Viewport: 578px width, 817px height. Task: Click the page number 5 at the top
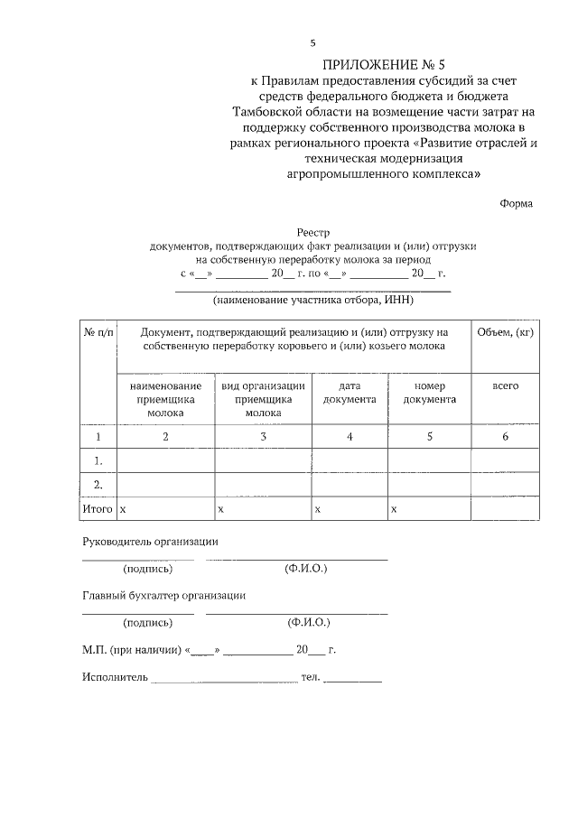click(313, 42)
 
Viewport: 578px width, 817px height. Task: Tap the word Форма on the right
click(516, 203)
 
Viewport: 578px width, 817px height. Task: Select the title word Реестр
click(312, 232)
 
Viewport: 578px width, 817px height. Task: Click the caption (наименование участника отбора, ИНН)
click(312, 300)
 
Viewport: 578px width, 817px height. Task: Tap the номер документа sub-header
click(430, 392)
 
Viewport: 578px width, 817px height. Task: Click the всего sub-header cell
click(505, 385)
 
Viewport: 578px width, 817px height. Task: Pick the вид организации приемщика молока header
click(263, 398)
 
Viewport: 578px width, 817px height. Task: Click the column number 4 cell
click(350, 437)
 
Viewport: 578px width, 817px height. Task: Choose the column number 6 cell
click(505, 437)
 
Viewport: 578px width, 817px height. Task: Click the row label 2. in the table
click(98, 485)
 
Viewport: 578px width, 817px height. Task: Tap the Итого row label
click(98, 509)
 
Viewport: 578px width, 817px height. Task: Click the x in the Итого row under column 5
click(394, 510)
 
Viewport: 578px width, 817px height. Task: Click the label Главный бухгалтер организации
click(163, 595)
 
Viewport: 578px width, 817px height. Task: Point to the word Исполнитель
click(114, 676)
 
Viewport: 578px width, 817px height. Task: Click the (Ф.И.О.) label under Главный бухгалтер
click(309, 622)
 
